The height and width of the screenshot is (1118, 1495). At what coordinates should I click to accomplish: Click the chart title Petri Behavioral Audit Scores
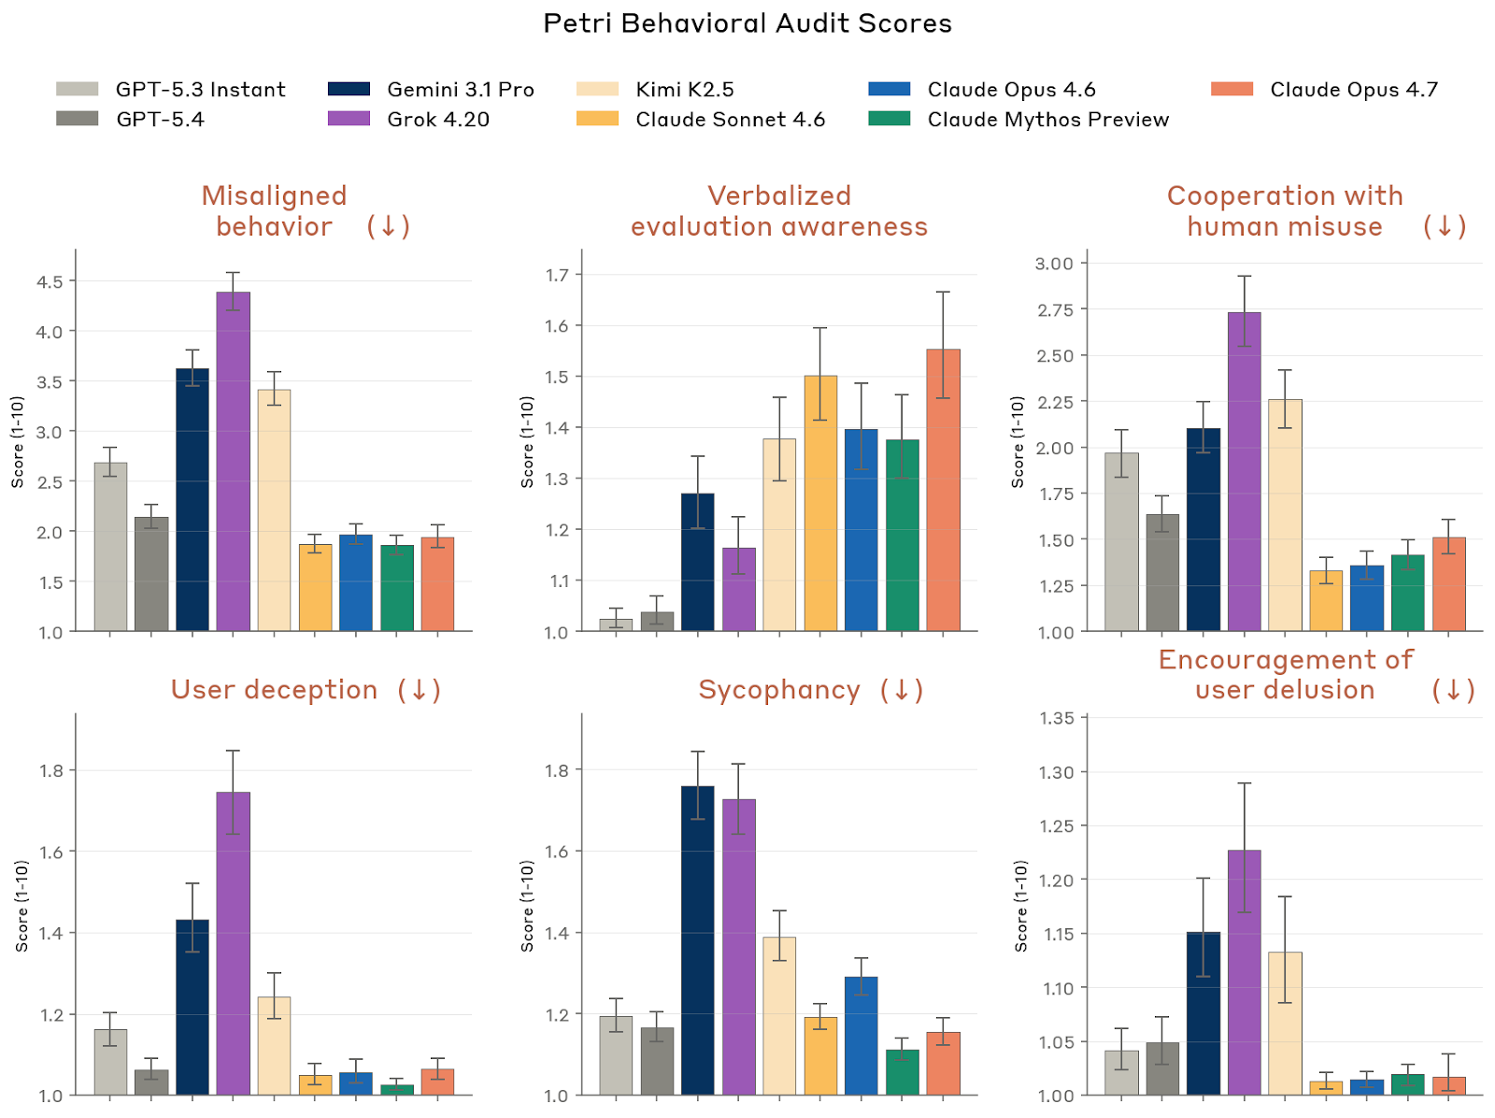click(747, 23)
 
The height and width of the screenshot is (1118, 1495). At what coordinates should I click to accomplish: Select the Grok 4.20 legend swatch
click(349, 119)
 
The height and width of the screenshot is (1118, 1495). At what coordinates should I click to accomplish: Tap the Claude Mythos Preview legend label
click(1047, 120)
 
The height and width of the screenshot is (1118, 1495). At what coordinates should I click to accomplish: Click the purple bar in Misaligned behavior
click(233, 462)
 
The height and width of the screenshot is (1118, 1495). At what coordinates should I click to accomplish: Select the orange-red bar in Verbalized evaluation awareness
click(943, 490)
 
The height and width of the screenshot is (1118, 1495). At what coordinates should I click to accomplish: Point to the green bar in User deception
click(397, 1090)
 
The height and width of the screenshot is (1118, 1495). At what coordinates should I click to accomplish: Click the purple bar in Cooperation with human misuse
click(1244, 471)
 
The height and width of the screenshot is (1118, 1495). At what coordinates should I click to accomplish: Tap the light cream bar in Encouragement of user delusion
click(1285, 1024)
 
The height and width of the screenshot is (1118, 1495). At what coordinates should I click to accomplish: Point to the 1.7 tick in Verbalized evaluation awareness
click(557, 275)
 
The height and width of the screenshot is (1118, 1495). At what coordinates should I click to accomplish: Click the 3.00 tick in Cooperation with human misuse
click(1054, 264)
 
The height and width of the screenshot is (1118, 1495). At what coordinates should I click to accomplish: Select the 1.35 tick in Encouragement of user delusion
click(1057, 718)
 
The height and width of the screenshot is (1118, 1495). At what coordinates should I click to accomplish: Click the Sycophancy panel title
click(778, 690)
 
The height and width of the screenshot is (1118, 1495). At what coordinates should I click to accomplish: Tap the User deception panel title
click(274, 690)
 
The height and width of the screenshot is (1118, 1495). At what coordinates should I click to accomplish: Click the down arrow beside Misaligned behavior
click(388, 226)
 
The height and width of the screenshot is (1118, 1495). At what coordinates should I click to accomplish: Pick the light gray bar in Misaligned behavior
click(110, 547)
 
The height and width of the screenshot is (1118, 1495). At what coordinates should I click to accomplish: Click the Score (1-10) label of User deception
click(21, 906)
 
